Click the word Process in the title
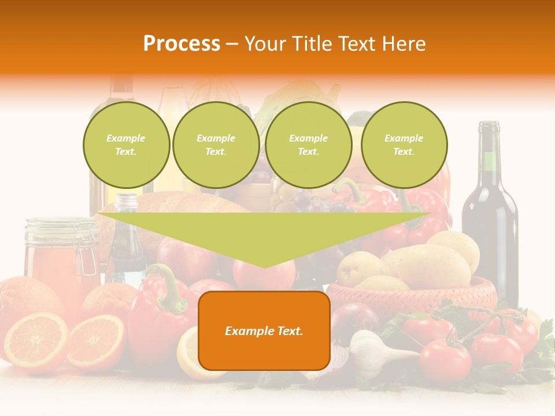click(x=182, y=44)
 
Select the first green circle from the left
click(x=126, y=145)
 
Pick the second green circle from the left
click(x=216, y=145)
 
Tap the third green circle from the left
click(x=308, y=145)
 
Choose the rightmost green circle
click(x=404, y=145)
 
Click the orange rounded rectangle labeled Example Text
click(x=264, y=330)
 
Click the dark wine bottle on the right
click(x=490, y=225)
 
